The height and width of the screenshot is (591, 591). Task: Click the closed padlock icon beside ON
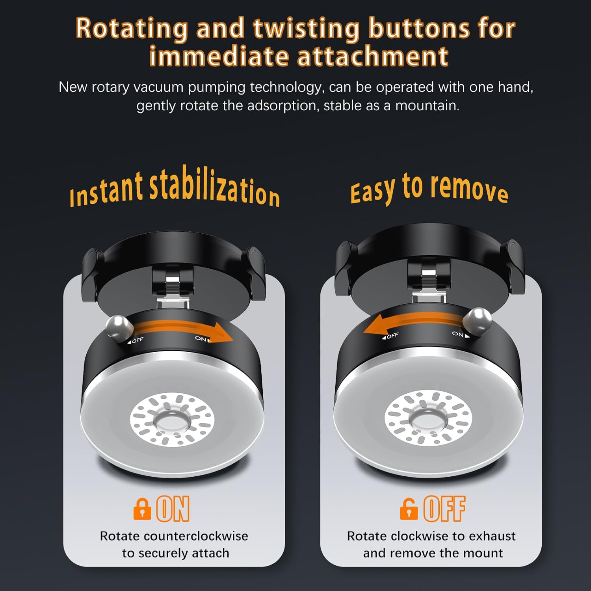[142, 509]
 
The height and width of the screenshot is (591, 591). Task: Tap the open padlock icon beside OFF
[409, 509]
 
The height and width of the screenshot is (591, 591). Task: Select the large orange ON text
[173, 509]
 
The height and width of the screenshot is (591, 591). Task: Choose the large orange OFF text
[444, 509]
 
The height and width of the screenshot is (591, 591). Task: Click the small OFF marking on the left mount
[136, 340]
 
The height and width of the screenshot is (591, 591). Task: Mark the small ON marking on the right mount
[460, 335]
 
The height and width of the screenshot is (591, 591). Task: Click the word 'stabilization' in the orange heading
[214, 187]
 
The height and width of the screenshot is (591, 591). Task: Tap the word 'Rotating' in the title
[132, 28]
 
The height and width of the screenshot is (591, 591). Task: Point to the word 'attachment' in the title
[373, 56]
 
